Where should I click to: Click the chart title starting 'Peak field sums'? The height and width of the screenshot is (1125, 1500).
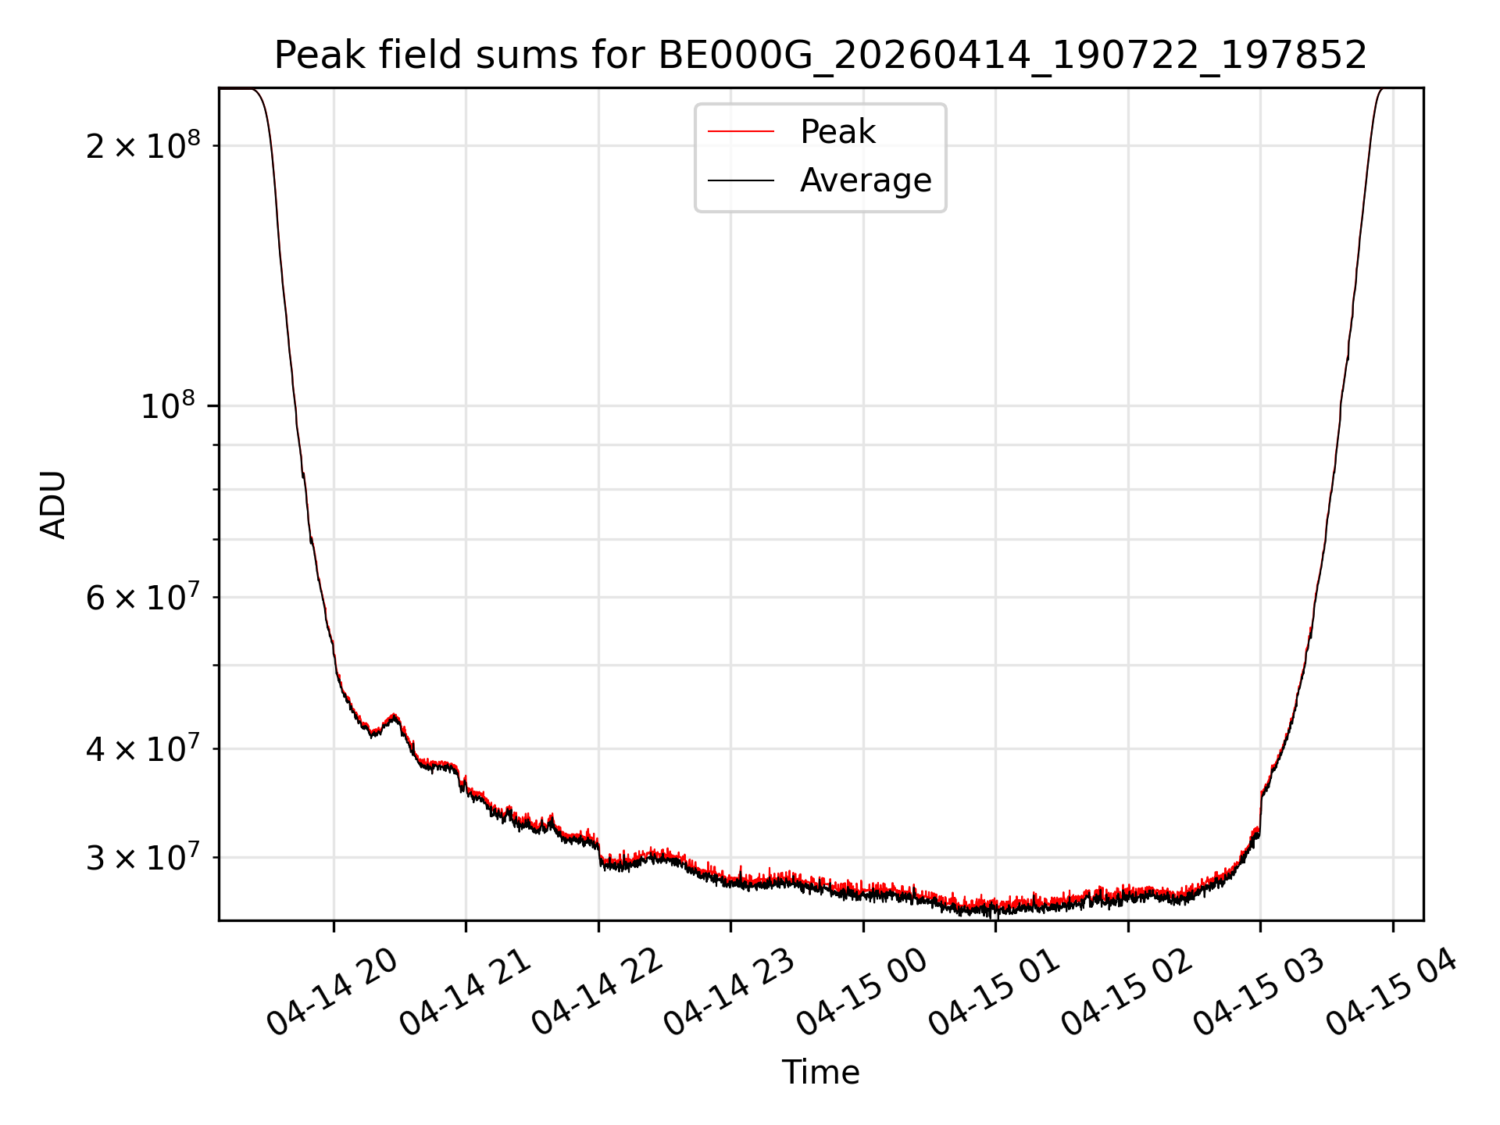[x=820, y=55]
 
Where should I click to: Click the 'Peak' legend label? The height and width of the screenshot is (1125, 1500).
[x=837, y=132]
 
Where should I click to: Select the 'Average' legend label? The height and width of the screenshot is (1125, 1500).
[x=866, y=180]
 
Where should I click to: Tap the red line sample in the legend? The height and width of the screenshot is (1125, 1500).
[x=741, y=132]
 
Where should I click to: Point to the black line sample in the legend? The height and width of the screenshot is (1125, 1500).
[x=741, y=180]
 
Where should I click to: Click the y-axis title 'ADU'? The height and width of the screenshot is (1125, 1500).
[x=53, y=505]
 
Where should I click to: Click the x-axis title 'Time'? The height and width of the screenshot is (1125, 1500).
[x=820, y=1073]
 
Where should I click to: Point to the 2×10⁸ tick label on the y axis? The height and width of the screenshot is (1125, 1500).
[x=143, y=145]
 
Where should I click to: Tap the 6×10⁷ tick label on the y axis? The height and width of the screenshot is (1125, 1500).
[x=143, y=598]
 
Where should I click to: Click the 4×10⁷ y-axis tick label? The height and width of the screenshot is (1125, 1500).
[x=143, y=749]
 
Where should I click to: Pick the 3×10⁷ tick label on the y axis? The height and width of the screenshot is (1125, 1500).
[x=143, y=858]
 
